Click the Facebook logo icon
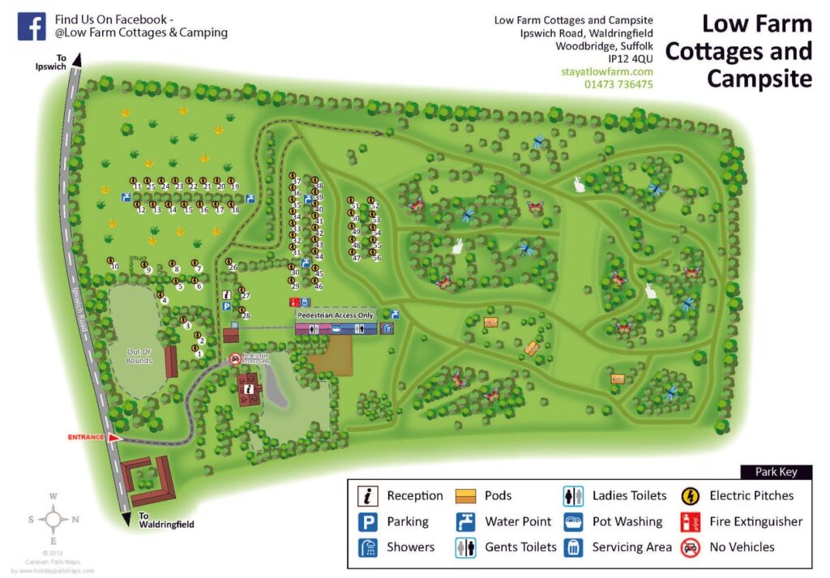pos(31,27)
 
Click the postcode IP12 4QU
pos(630,58)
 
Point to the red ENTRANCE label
pos(86,437)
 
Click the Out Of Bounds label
pos(139,356)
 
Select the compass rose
pos(53,518)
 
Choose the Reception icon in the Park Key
pos(369,495)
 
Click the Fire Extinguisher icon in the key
pos(691,521)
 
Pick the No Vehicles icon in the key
pos(691,547)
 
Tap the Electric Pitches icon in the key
pos(691,495)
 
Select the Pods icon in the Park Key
pos(465,495)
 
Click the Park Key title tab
pos(776,472)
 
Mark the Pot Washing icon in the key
pos(573,521)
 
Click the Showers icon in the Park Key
pos(369,547)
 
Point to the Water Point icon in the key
pos(465,521)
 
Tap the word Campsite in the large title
pos(759,78)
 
